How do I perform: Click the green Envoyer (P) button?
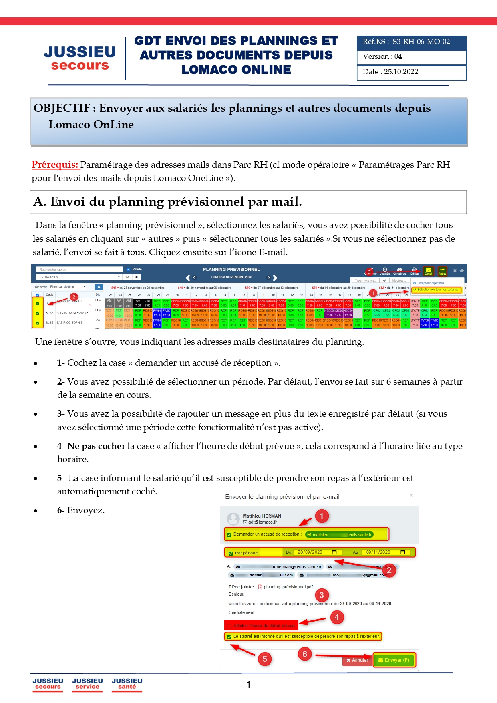click(394, 660)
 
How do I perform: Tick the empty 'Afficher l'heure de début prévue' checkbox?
click(229, 626)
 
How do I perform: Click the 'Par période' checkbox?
click(231, 553)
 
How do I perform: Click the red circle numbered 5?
click(265, 659)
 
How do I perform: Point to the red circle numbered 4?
click(337, 617)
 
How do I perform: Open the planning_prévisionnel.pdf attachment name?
click(288, 587)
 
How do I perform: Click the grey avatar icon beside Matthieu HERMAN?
click(233, 519)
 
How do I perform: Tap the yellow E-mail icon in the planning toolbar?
click(428, 271)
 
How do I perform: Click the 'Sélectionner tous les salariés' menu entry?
click(437, 290)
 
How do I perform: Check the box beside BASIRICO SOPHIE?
click(38, 323)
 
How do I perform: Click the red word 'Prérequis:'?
click(55, 165)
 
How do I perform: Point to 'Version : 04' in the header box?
click(382, 56)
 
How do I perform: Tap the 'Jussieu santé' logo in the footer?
click(127, 683)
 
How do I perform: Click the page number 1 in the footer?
click(248, 685)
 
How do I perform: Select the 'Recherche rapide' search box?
click(79, 270)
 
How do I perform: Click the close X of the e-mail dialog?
click(411, 495)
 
